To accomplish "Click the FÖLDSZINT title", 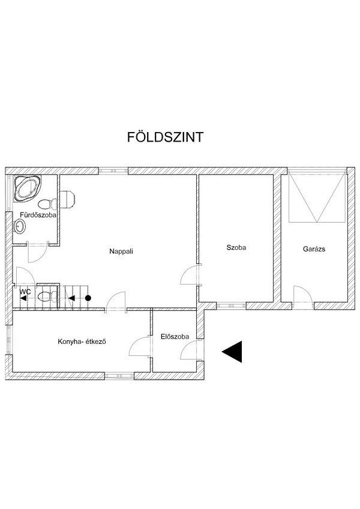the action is pyautogui.click(x=165, y=137).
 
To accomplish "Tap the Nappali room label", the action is pyautogui.click(x=121, y=251).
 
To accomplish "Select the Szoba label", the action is pyautogui.click(x=236, y=247).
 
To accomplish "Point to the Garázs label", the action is pyautogui.click(x=314, y=249).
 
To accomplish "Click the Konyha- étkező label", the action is pyautogui.click(x=82, y=342).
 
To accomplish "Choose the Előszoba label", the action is pyautogui.click(x=175, y=337).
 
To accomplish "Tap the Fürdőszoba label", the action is pyautogui.click(x=38, y=215).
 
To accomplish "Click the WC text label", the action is pyautogui.click(x=25, y=292).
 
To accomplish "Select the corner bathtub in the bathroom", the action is pyautogui.click(x=27, y=188).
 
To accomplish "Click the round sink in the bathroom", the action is pyautogui.click(x=20, y=226).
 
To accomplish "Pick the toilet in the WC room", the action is pyautogui.click(x=47, y=297).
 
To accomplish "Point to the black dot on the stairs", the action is pyautogui.click(x=88, y=298).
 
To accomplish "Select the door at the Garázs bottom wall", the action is pyautogui.click(x=303, y=295).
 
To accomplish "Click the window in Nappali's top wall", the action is pyautogui.click(x=113, y=170).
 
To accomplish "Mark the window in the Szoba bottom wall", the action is pyautogui.click(x=231, y=306).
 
